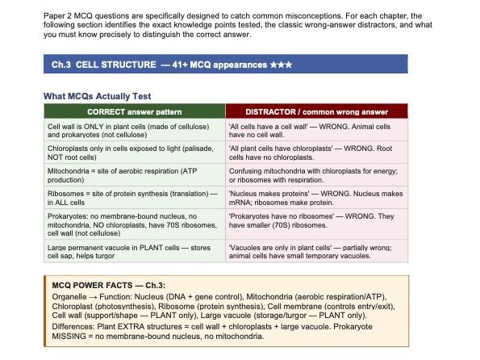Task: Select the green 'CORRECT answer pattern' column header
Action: (134, 111)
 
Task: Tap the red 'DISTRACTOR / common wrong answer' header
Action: (316, 111)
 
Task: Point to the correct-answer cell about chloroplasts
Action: (134, 153)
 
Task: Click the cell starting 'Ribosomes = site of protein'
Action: (134, 197)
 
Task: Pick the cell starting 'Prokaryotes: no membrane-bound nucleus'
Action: (134, 223)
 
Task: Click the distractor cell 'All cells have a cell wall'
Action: (316, 131)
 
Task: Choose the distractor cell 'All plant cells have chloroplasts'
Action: (316, 153)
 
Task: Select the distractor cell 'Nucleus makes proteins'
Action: (316, 197)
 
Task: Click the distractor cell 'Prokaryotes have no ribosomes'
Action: (316, 223)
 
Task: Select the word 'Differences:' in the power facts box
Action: (73, 326)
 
